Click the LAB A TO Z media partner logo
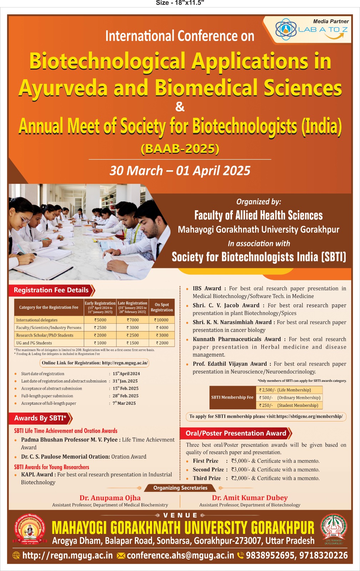(311, 30)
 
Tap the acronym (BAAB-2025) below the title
(180, 148)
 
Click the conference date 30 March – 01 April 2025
(180, 171)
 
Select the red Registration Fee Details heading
(51, 290)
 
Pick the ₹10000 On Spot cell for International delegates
(162, 320)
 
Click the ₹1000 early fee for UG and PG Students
(100, 343)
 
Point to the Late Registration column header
(132, 307)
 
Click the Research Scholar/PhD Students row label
(45, 335)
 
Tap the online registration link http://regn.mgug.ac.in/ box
(95, 363)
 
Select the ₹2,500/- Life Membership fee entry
(289, 390)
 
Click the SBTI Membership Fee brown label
(232, 398)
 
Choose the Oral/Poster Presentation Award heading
(236, 433)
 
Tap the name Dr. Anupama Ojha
(110, 498)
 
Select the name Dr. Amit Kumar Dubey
(250, 498)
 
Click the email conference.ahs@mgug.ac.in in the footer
(180, 556)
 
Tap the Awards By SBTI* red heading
(40, 418)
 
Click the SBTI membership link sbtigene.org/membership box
(266, 416)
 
